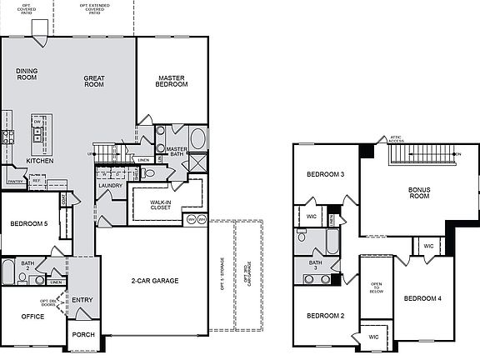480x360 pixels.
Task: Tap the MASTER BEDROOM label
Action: point(172,81)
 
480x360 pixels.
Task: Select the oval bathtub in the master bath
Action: point(198,138)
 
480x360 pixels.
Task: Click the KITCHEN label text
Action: point(40,161)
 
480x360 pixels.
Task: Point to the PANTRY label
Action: point(14,181)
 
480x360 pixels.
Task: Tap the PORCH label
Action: point(82,335)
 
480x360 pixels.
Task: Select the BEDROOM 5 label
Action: point(30,223)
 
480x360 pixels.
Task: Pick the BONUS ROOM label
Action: point(418,192)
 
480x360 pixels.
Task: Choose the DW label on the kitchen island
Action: point(37,121)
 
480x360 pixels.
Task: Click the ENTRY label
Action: point(82,300)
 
